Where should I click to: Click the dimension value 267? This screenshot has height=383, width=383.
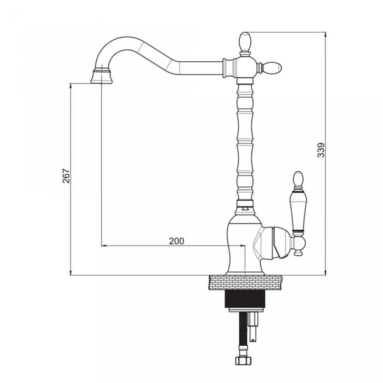(66, 176)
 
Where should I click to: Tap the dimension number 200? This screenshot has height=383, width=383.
(176, 241)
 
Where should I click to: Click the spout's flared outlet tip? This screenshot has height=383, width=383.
(102, 76)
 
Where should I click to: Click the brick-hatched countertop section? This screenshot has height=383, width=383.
(245, 282)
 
